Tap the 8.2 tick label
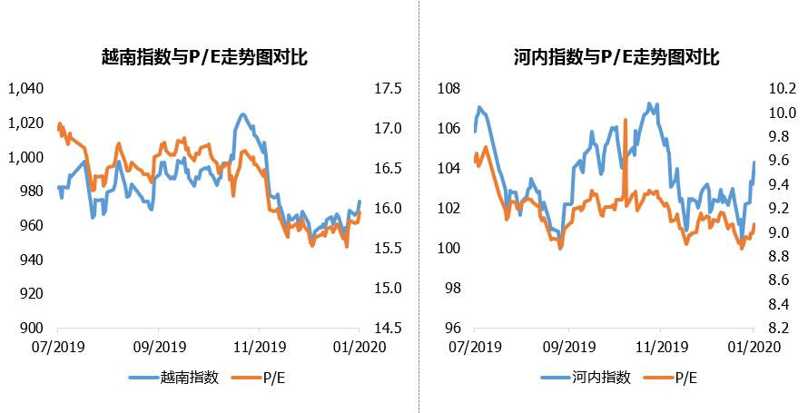(x=783, y=329)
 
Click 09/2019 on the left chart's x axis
(x=158, y=347)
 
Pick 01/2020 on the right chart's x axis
(x=752, y=347)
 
